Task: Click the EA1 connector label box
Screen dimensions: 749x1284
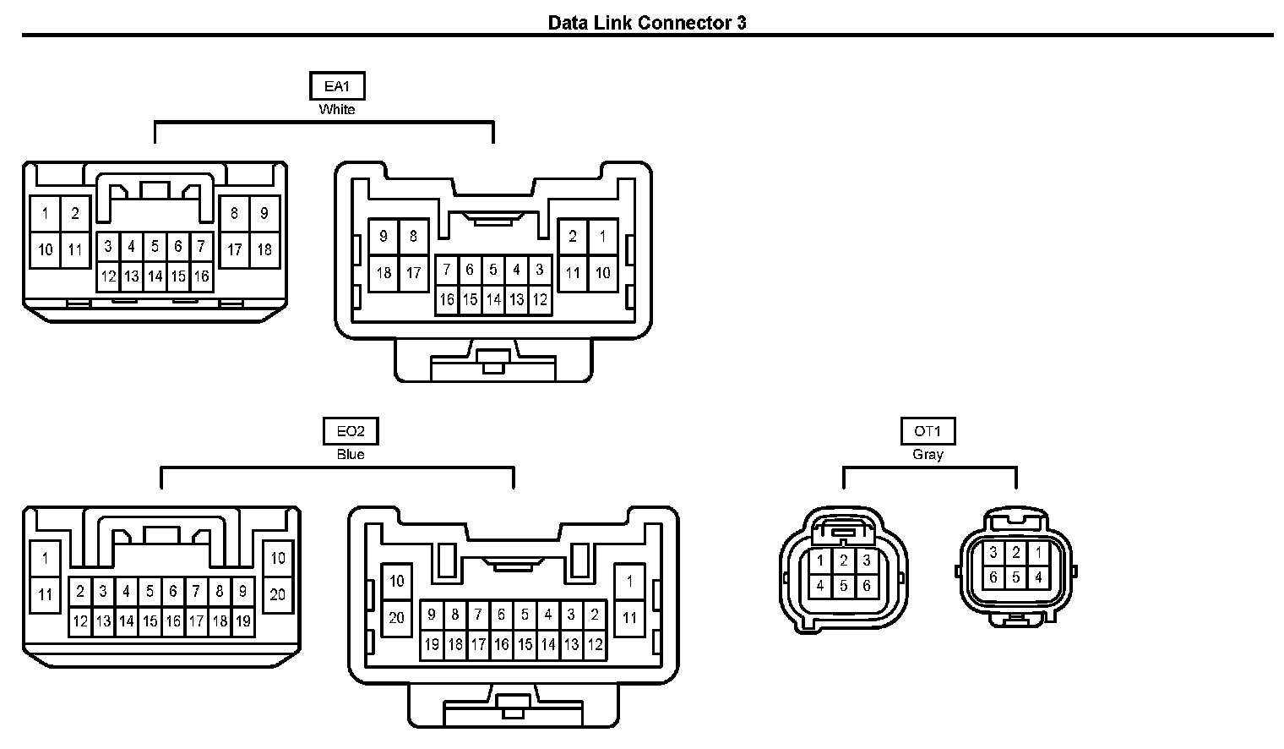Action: tap(337, 86)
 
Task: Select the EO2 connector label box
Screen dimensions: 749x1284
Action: tap(351, 431)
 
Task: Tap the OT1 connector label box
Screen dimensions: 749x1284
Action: tap(928, 431)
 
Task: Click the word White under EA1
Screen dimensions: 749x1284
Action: tap(337, 109)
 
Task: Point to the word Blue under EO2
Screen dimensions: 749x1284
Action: tap(351, 455)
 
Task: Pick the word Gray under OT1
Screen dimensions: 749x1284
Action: tap(928, 455)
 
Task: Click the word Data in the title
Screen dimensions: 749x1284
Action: tap(567, 22)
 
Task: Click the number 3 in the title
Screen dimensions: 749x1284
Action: tap(741, 22)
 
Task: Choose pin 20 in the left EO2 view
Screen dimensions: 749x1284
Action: tap(278, 594)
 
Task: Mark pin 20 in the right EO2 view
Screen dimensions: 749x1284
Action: tap(397, 618)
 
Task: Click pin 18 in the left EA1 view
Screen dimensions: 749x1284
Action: tap(264, 249)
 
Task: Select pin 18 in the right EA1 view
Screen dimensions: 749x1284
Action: tap(384, 273)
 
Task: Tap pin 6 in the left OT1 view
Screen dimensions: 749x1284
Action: tap(867, 585)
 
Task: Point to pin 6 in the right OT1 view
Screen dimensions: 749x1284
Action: tap(993, 578)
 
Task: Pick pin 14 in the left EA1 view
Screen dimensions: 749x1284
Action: tap(155, 276)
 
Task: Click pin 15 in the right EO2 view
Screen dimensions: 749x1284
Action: tap(525, 645)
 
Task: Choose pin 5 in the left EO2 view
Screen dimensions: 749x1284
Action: tap(150, 592)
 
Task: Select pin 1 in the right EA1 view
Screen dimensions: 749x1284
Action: tap(602, 237)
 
